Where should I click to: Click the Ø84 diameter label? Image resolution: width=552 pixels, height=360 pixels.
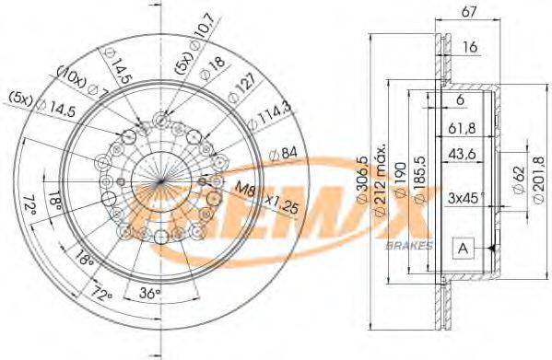[283, 153]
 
